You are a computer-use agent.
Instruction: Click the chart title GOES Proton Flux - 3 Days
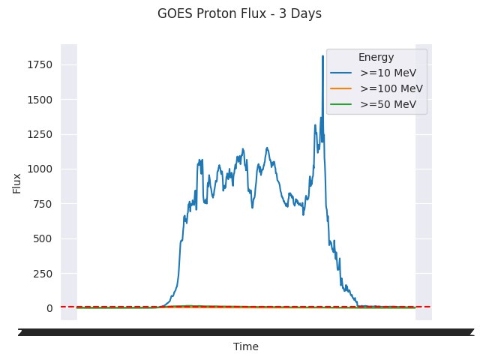pyautogui.click(x=239, y=13)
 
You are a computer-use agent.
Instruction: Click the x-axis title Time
pyautogui.click(x=246, y=346)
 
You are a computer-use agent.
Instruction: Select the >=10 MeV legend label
pyautogui.click(x=388, y=73)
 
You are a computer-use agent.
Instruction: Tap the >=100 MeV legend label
pyautogui.click(x=391, y=88)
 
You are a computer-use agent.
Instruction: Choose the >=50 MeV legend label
pyautogui.click(x=388, y=104)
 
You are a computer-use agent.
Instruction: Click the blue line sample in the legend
pyautogui.click(x=342, y=73)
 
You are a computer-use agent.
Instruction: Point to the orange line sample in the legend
pyautogui.click(x=342, y=89)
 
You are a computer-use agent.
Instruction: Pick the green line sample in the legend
pyautogui.click(x=342, y=105)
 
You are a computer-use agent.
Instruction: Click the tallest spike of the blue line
pyautogui.click(x=322, y=56)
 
